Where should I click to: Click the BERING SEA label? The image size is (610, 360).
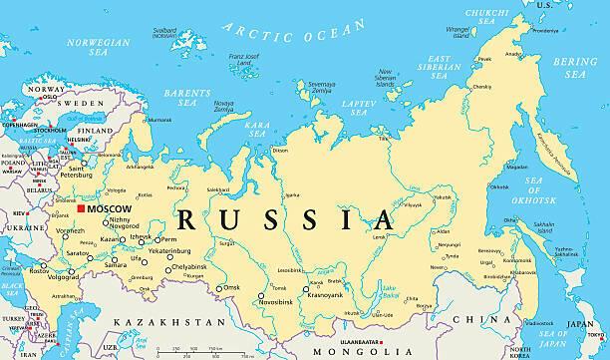coord(576,68)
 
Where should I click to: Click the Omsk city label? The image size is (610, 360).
coord(231,287)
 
